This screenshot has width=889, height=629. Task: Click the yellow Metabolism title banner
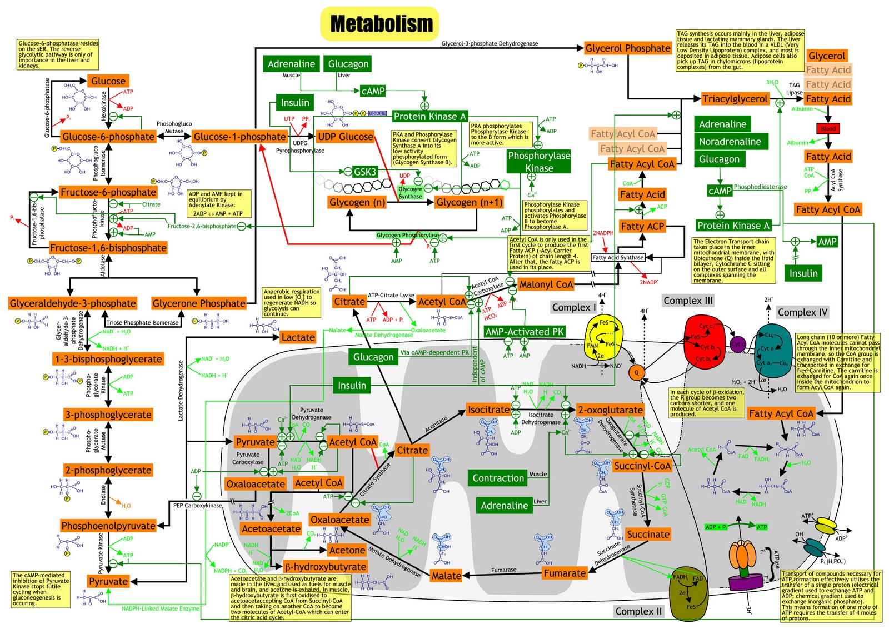[x=381, y=24]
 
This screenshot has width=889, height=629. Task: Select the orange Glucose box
[x=108, y=81]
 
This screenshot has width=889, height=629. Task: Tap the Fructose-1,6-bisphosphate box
[x=108, y=248]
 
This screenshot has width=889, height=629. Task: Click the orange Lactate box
[x=298, y=337]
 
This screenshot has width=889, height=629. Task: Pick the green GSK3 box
[x=365, y=172]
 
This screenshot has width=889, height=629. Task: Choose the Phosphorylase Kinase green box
[x=539, y=162]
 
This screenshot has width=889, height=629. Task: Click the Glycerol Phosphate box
[x=628, y=48]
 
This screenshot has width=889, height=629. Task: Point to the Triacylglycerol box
[x=735, y=99]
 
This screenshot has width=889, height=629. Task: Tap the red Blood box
[x=828, y=128]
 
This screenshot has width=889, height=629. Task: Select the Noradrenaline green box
[x=730, y=142]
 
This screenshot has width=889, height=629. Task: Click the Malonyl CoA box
[x=546, y=284]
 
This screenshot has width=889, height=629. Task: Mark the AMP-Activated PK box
[x=525, y=332]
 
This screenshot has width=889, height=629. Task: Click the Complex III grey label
[x=688, y=301]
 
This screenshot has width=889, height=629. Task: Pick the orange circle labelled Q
[x=637, y=372]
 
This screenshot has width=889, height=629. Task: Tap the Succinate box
[x=648, y=534]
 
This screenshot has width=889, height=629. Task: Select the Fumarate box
[x=565, y=573]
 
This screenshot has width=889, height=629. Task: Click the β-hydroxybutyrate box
[x=325, y=567]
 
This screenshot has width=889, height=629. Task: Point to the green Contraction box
[x=498, y=478]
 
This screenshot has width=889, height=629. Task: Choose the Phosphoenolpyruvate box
[x=108, y=526]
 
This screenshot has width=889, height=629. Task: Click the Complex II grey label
[x=638, y=611]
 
